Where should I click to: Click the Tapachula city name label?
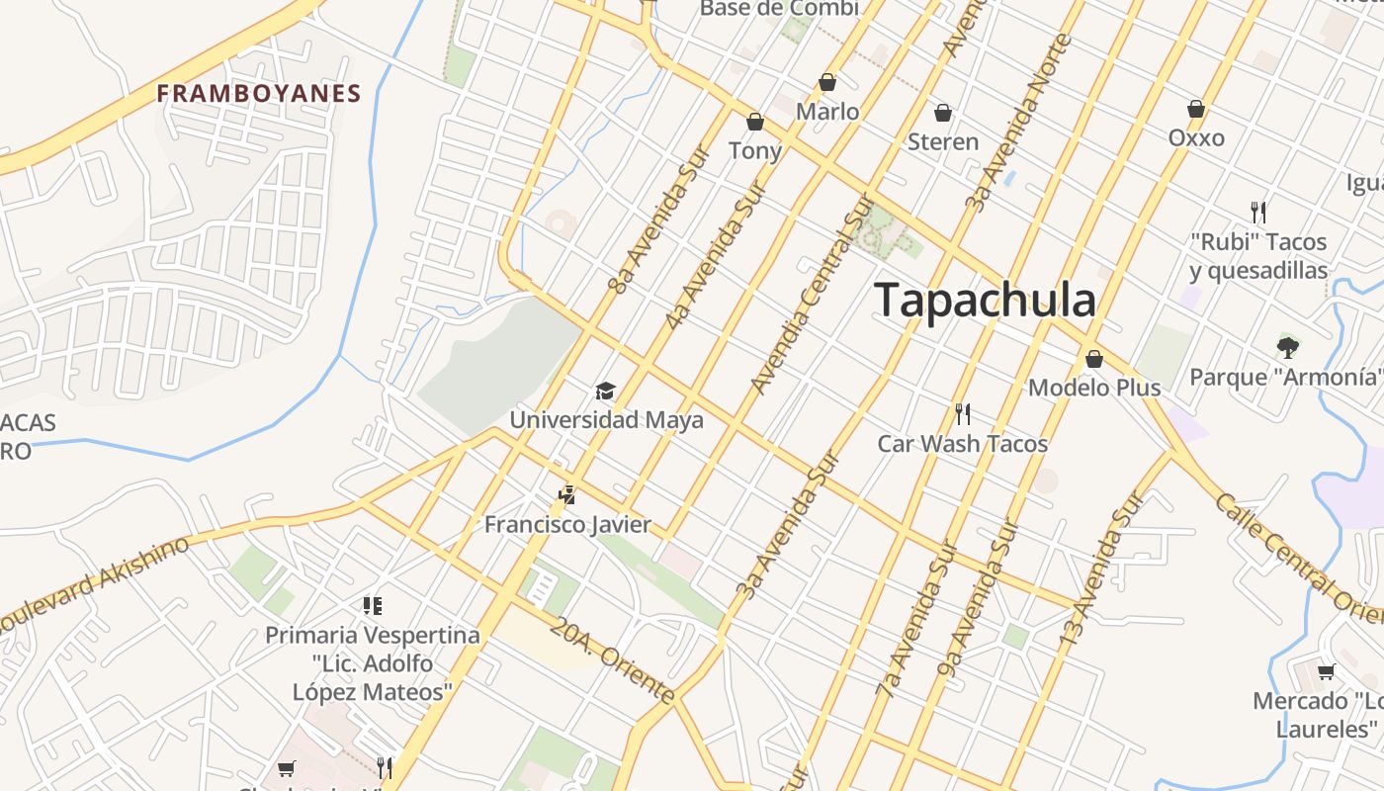click(x=986, y=300)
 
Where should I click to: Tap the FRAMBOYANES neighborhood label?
click(x=259, y=94)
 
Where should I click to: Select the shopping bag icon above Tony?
click(x=755, y=122)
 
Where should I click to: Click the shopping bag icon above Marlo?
click(x=827, y=82)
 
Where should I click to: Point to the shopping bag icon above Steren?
click(x=943, y=113)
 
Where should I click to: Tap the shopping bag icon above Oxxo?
click(x=1196, y=109)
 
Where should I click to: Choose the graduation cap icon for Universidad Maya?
click(x=605, y=392)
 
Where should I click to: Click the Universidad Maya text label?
click(x=606, y=419)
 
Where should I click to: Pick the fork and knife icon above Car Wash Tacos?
click(x=962, y=413)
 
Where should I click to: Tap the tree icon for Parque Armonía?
click(x=1287, y=346)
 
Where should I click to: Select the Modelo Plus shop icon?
click(x=1094, y=359)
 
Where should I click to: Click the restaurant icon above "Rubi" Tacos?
click(x=1258, y=212)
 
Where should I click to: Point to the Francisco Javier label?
click(x=567, y=524)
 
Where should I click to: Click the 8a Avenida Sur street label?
click(x=660, y=221)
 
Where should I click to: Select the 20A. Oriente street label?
click(x=613, y=660)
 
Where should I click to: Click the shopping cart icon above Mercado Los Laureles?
click(x=1327, y=672)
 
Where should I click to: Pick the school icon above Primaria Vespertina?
click(x=373, y=605)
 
